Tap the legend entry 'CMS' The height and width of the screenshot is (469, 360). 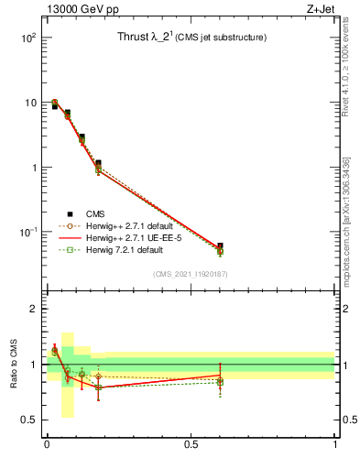(96, 213)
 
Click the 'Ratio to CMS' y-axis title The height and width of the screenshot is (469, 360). (15, 365)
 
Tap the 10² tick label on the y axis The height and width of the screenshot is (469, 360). (28, 38)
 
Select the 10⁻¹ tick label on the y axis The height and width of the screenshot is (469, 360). (28, 233)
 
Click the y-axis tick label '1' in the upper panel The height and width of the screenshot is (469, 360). (33, 168)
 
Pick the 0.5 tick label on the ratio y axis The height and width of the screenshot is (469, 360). (31, 420)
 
